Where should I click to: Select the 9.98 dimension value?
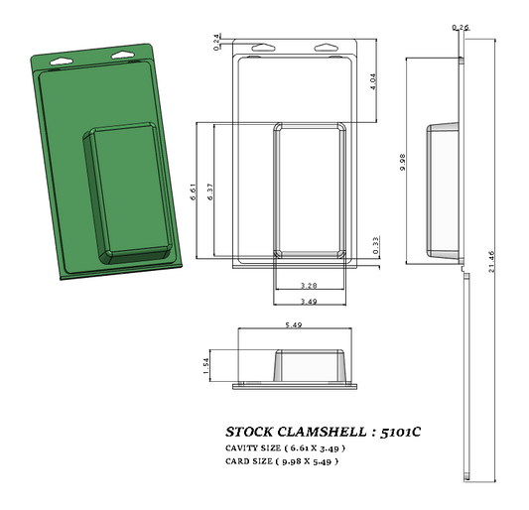coord(402,162)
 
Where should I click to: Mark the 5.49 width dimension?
coord(294,324)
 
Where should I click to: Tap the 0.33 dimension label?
coord(375,244)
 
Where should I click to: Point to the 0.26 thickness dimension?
coord(460,27)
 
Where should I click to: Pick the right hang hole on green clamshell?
coord(122,52)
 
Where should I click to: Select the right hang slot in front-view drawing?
coord(326,46)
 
